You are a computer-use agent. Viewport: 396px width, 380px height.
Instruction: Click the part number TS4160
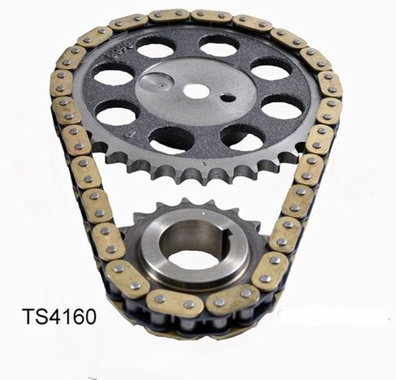(x=58, y=316)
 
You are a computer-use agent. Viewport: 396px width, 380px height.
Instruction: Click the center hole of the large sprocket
(x=196, y=91)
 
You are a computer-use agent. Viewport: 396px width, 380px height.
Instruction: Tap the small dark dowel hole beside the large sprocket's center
(x=229, y=98)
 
